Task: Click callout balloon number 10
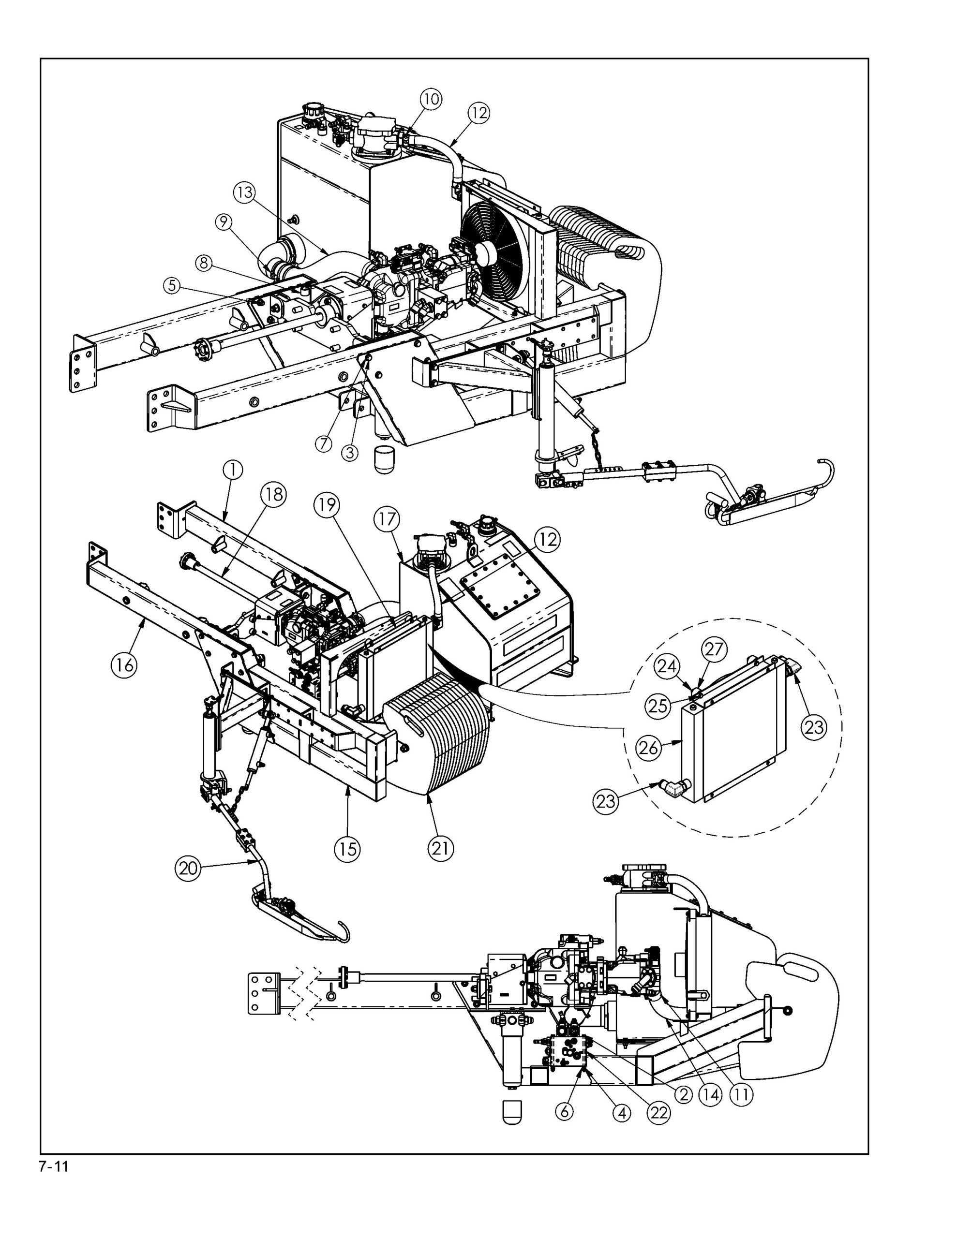[x=431, y=99]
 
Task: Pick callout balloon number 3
[x=350, y=452]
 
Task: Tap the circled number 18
[x=273, y=494]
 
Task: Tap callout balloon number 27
[x=714, y=648]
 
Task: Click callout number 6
[x=564, y=1112]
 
